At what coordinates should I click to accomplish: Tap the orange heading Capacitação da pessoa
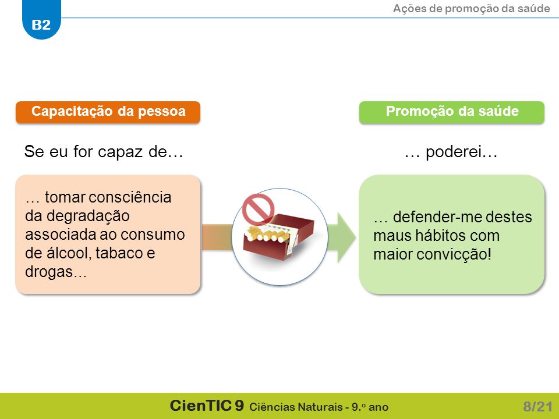pos(108,112)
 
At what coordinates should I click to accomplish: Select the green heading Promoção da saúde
pos(452,112)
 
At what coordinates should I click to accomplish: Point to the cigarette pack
pos(278,236)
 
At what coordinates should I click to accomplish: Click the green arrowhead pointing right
pos(346,237)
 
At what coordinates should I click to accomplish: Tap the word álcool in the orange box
pos(65,253)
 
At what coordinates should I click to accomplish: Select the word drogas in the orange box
pos(49,272)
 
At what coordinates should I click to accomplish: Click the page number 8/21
pos(537,407)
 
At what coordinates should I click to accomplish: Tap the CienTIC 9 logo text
pos(207,406)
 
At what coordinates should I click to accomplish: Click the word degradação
pos(77,216)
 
